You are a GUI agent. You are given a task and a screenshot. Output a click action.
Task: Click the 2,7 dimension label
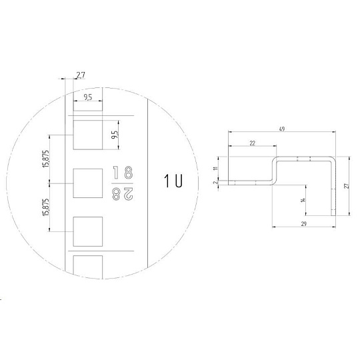point(81,75)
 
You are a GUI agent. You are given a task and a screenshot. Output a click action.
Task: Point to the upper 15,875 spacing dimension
point(46,159)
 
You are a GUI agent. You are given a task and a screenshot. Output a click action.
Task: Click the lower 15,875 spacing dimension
point(46,207)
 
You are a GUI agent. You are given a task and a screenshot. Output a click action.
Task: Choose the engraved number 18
point(123,173)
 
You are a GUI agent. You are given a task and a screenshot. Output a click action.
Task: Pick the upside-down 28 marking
point(123,194)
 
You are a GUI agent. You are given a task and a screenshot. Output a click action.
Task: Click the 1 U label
point(173,181)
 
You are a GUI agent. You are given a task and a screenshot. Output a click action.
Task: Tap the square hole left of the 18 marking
point(88,183)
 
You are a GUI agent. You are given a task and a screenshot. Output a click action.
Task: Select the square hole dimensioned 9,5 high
point(88,135)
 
